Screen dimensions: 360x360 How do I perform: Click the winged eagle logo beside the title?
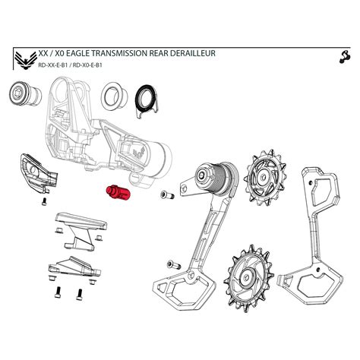point(24,59)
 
